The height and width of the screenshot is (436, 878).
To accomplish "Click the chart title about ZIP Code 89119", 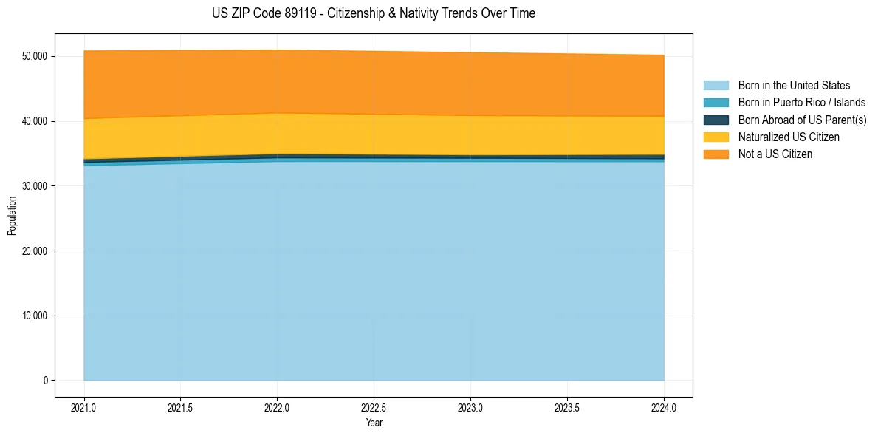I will coord(373,13).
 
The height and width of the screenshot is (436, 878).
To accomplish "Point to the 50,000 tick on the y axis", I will coord(35,56).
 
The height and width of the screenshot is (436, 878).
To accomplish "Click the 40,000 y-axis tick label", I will coord(35,121).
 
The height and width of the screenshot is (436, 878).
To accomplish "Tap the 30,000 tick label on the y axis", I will coord(35,186).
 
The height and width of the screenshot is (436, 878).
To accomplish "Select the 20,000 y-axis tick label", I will coord(35,251).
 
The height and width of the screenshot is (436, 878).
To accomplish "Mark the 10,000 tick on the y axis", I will coord(35,316).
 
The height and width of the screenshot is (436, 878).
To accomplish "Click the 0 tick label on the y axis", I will coord(45,381).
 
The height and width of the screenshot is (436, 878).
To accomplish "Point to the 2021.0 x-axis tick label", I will coord(84,407).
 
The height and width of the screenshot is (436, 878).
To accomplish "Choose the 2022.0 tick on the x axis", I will coord(277,407).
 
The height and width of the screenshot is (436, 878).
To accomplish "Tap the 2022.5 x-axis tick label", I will coord(374,407).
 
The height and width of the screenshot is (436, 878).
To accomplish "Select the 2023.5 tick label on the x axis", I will coord(567,407).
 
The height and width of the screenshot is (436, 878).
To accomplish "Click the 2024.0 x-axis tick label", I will coord(664,407).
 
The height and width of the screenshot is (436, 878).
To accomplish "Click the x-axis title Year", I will coord(374,423).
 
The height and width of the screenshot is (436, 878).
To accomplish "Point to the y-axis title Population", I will coord(12,216).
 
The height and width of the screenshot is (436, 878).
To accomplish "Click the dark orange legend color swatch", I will coord(716,154).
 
